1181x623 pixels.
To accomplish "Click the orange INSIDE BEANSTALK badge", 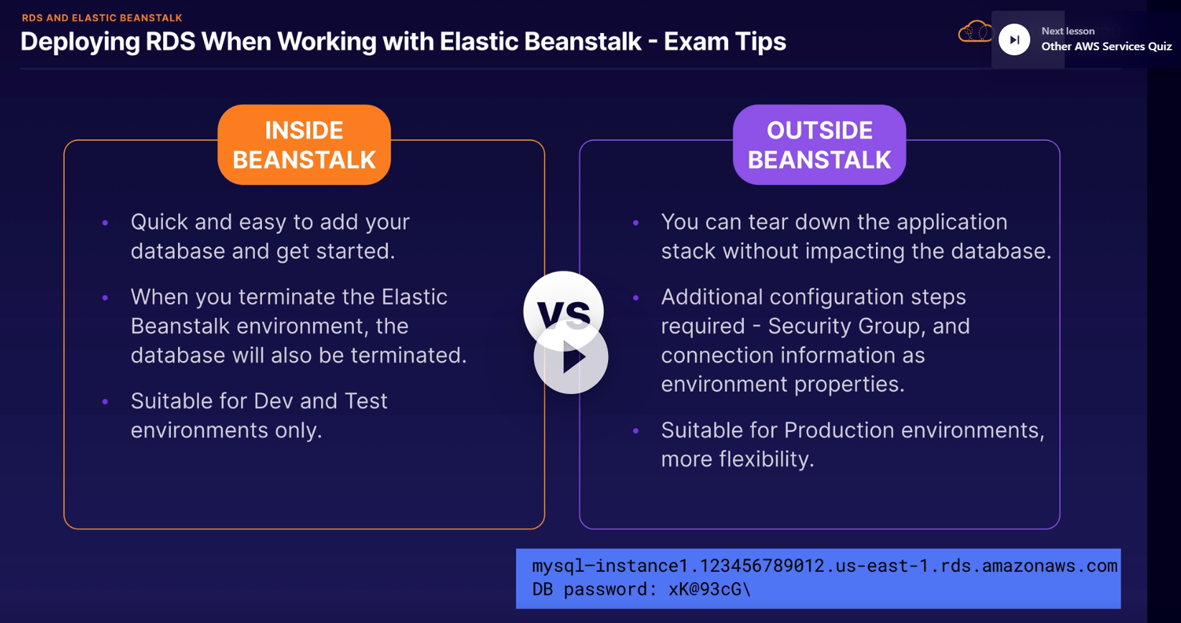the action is click(x=304, y=144).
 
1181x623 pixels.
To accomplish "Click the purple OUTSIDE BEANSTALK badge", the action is click(x=819, y=144).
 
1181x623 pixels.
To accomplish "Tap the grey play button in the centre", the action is click(x=571, y=357).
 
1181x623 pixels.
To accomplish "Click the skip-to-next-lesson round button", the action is click(x=1014, y=39).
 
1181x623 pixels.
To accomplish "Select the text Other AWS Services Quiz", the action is click(x=1106, y=47).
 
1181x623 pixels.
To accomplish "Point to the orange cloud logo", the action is click(x=974, y=32).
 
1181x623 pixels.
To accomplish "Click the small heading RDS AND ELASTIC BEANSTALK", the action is click(x=102, y=18).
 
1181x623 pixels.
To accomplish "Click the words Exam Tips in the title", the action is click(x=725, y=42).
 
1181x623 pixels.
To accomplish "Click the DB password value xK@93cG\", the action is click(x=709, y=589).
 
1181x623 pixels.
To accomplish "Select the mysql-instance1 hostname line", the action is click(x=825, y=566).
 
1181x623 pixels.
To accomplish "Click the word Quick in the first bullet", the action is click(x=159, y=222).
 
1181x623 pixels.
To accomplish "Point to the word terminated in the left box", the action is click(x=409, y=355).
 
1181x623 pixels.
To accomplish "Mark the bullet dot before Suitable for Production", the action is click(x=636, y=431).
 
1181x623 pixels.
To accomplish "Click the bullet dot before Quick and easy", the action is click(x=105, y=223).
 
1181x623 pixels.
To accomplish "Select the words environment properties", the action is click(x=783, y=385).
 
